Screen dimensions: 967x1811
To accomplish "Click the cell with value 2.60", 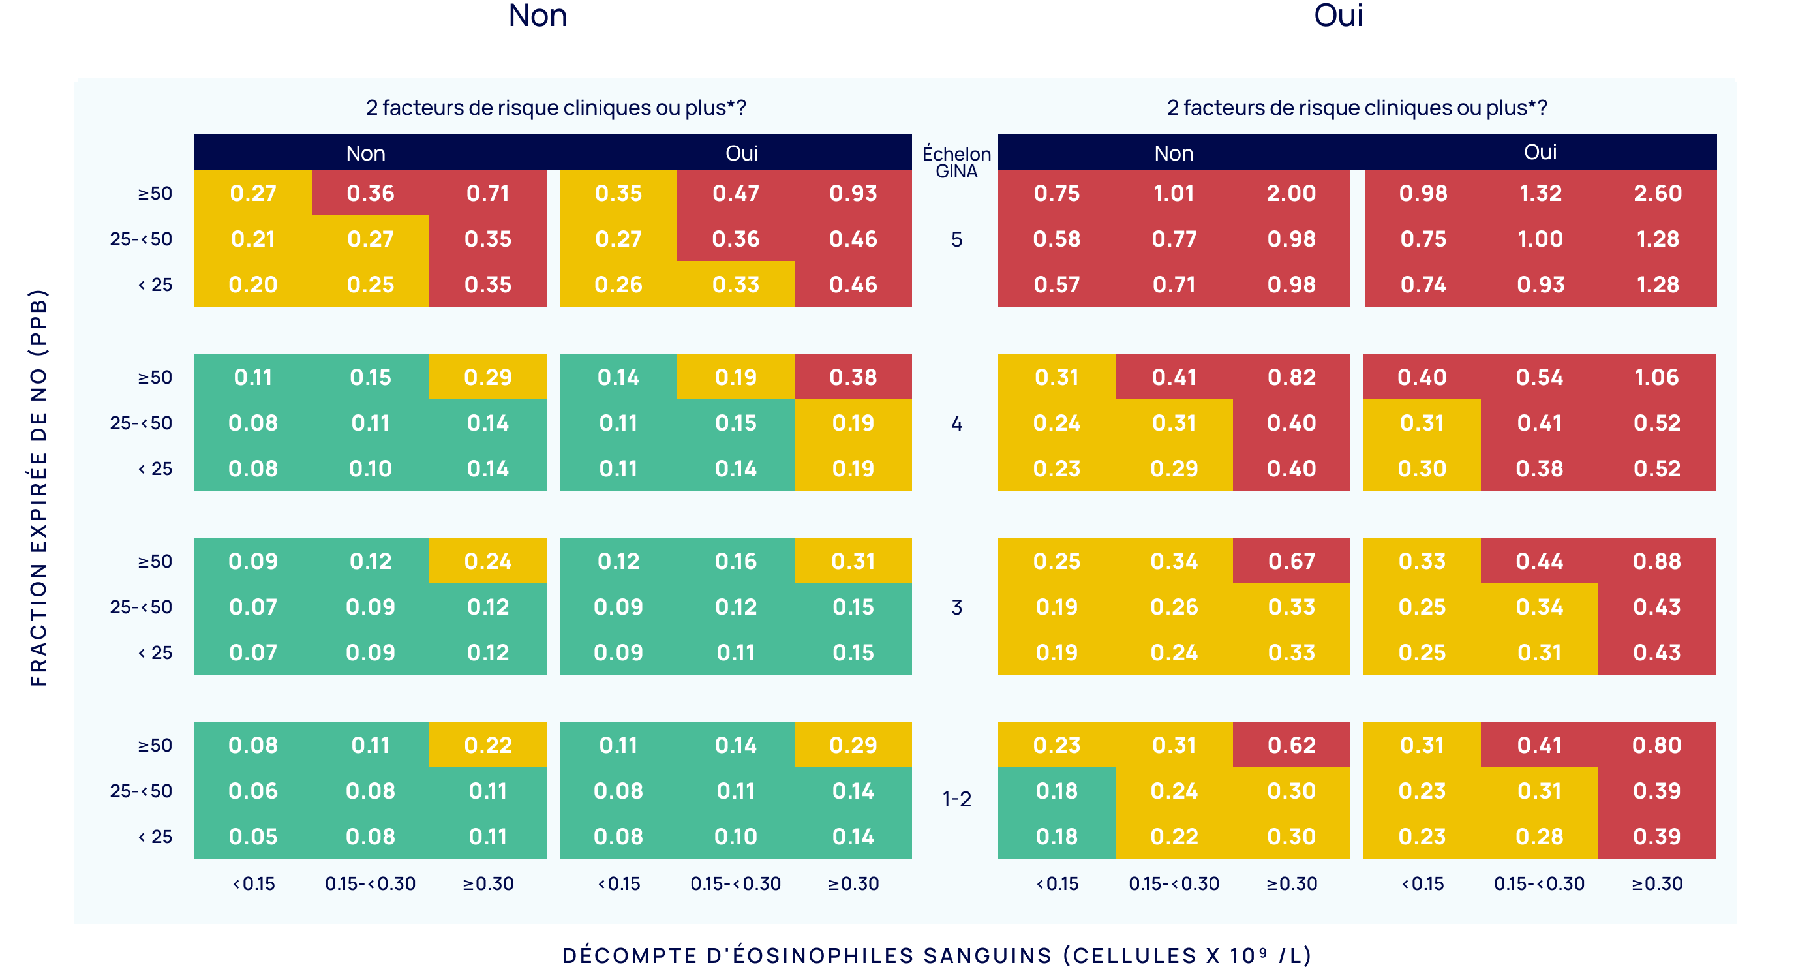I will coord(1657,193).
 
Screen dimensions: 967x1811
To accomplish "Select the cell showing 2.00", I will coord(1291,193).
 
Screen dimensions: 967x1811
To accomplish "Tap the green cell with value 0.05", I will coord(253,837).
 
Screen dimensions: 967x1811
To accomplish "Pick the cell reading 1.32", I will coord(1540,193).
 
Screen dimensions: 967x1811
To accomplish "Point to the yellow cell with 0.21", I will coord(253,239).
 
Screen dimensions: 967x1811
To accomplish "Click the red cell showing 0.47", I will coord(735,193).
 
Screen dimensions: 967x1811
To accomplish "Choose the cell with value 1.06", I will coord(1656,378).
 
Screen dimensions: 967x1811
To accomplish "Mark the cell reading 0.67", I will coord(1291,561).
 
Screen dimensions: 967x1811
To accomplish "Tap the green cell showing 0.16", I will coord(735,561).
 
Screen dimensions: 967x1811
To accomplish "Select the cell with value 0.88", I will coord(1656,561).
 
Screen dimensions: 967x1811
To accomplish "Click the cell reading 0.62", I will coord(1291,745).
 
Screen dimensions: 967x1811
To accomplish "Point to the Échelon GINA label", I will coord(956,162).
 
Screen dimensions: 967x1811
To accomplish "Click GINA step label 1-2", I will coord(956,799).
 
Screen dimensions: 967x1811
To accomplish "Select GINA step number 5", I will coord(956,240).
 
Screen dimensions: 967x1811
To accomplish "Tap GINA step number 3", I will coord(956,607).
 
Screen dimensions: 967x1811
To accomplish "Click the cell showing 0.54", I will coord(1539,378).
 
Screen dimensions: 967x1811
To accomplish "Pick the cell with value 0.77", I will coord(1174,239).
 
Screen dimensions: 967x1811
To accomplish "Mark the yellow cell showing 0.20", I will coord(253,285).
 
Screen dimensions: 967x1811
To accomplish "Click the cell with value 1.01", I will coord(1174,193).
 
